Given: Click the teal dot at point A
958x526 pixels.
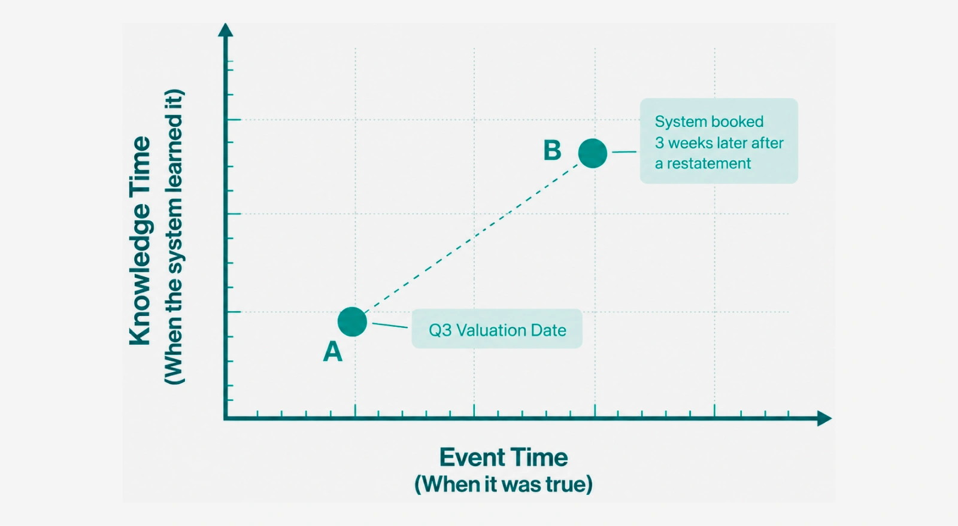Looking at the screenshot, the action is pyautogui.click(x=352, y=322).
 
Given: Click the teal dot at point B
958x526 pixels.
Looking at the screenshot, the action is pyautogui.click(x=593, y=153).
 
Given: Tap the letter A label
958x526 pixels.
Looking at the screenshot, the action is pyautogui.click(x=333, y=352).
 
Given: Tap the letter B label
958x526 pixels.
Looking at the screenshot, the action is pyautogui.click(x=552, y=150).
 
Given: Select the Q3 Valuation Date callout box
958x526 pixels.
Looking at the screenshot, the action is pyautogui.click(x=497, y=329).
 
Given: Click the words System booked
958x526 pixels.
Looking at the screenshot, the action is pyautogui.click(x=709, y=122).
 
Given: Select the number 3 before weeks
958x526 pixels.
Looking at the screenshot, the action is pyautogui.click(x=659, y=142).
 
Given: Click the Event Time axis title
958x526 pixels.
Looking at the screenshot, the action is pyautogui.click(x=504, y=457).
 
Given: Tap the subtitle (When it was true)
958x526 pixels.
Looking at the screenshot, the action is pyautogui.click(x=504, y=484).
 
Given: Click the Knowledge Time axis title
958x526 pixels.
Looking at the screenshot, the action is pyautogui.click(x=140, y=241).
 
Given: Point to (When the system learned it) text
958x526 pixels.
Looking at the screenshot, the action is pyautogui.click(x=174, y=237).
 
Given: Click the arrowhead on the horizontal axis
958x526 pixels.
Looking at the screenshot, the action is pyautogui.click(x=824, y=418).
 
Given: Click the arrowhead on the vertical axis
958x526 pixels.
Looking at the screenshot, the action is pyautogui.click(x=225, y=30).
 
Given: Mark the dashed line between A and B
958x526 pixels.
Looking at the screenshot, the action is pyautogui.click(x=472, y=238).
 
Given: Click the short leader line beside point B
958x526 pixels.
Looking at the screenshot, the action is pyautogui.click(x=624, y=151).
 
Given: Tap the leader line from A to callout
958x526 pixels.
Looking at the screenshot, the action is pyautogui.click(x=390, y=326).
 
